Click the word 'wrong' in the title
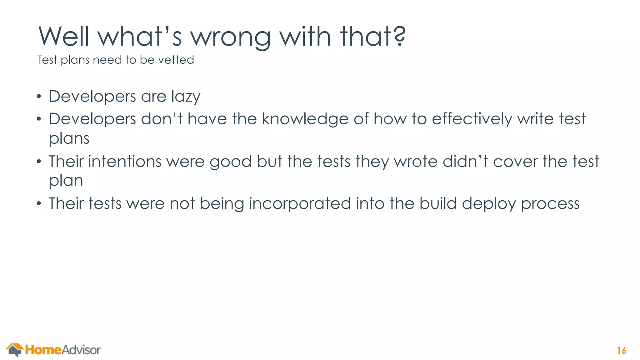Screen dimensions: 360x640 point(231,37)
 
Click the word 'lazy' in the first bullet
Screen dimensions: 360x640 point(186,97)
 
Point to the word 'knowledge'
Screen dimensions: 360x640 point(305,119)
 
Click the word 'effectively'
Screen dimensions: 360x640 point(472,119)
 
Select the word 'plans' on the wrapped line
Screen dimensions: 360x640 point(69,139)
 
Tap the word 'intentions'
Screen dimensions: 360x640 point(125,162)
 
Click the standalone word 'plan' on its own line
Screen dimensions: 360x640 point(66,181)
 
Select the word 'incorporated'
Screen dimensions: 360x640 point(300,204)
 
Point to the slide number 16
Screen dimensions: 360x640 point(622,351)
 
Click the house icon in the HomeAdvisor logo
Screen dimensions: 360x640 point(15,350)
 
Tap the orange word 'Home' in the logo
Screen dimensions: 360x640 point(43,350)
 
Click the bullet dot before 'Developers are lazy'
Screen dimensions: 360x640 point(39,97)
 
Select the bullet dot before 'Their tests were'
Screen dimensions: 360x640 point(39,204)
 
